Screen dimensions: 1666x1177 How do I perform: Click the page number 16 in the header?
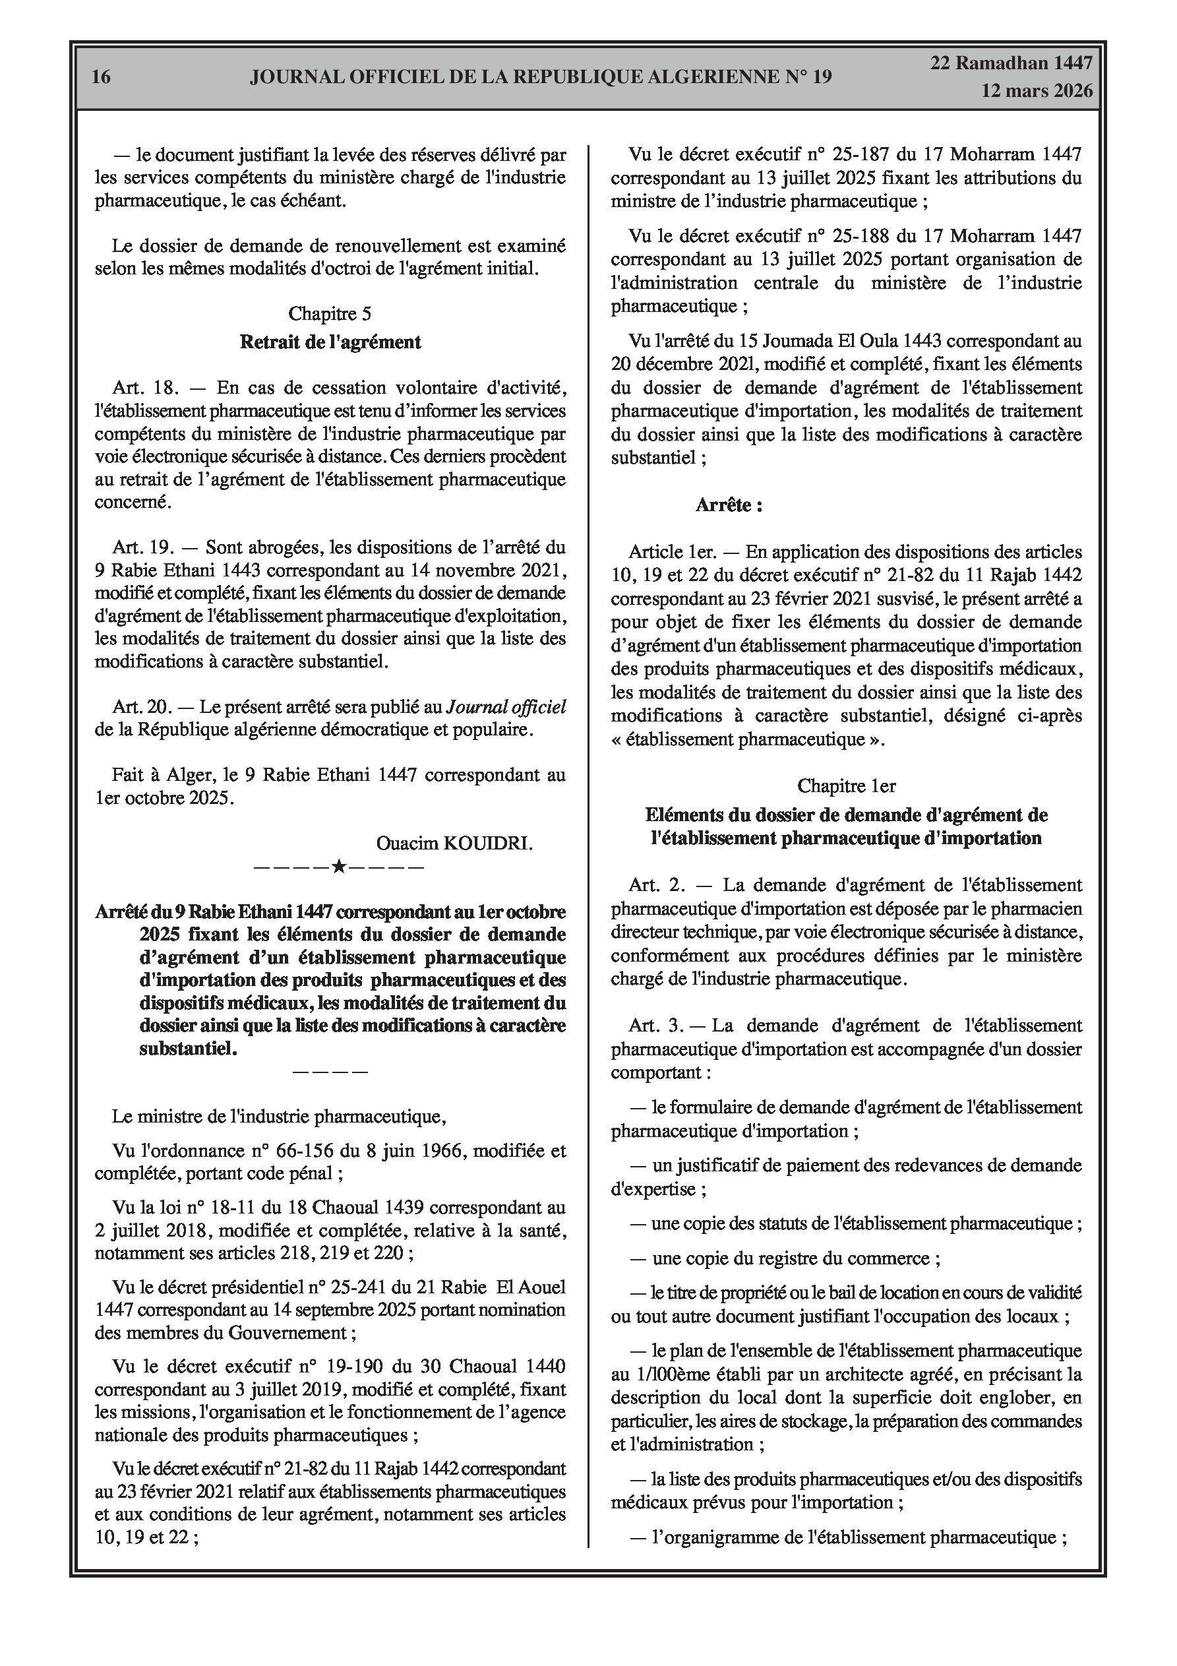(102, 77)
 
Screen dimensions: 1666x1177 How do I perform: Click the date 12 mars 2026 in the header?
(1037, 91)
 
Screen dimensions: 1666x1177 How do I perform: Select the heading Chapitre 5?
(330, 313)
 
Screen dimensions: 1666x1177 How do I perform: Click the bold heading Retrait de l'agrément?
(330, 342)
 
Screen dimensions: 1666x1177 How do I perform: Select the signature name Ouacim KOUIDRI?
(454, 842)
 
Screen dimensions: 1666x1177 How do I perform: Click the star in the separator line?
(338, 867)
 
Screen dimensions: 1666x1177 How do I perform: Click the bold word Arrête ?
(729, 505)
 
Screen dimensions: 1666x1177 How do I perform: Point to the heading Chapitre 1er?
(846, 785)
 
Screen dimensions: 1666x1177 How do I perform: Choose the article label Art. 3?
(656, 1026)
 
